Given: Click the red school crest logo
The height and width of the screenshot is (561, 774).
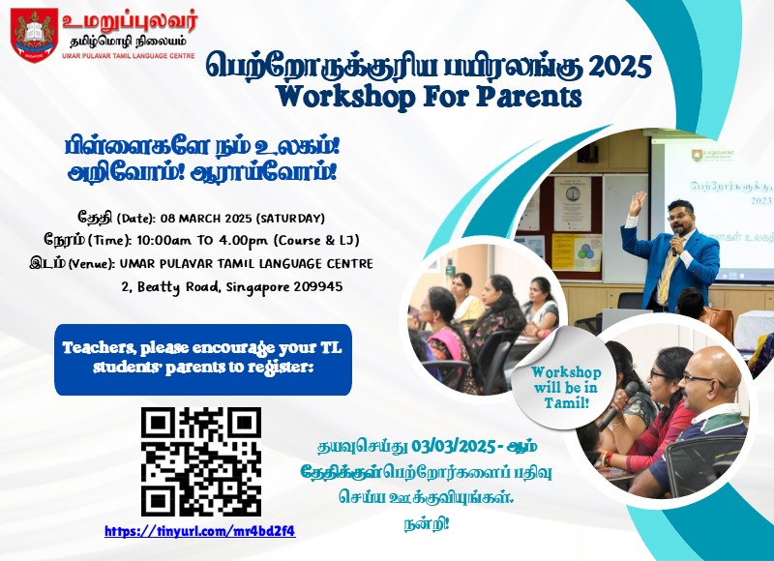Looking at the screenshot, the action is click(34, 35).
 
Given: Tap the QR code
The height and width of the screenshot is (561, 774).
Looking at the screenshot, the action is click(201, 461).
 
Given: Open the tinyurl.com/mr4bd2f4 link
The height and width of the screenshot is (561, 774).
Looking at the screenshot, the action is click(200, 531).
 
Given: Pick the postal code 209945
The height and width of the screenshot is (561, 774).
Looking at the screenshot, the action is click(318, 286).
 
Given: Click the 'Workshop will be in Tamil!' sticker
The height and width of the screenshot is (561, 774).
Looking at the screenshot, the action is click(566, 387).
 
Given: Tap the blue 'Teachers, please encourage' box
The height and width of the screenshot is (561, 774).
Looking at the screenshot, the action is click(203, 359).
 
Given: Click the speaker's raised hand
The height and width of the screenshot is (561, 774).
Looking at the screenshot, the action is click(638, 203).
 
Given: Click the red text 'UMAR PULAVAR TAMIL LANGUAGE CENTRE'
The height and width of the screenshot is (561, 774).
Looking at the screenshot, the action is click(129, 56).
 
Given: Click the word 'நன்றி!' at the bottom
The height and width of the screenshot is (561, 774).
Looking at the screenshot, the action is click(426, 524).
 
